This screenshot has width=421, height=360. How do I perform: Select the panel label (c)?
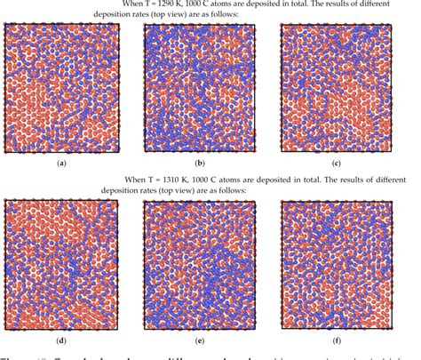tap(336, 164)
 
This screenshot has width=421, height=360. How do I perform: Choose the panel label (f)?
tap(336, 340)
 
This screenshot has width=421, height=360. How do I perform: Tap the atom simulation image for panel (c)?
tap(336, 87)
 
